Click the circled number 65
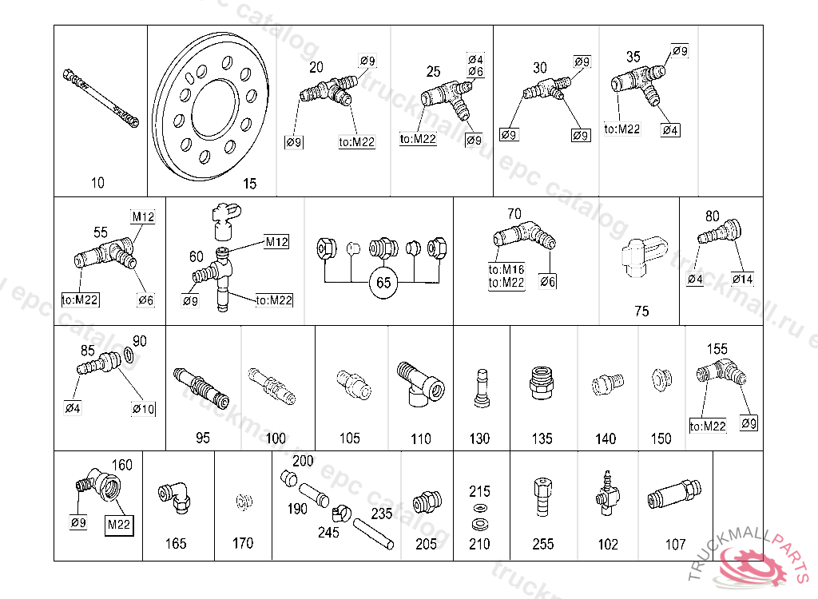[x=383, y=283]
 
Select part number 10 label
[x=97, y=183]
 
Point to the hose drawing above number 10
[x=100, y=98]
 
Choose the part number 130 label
[x=479, y=438]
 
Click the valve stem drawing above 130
[x=480, y=387]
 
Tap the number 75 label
[x=641, y=311]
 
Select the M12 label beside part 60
[x=276, y=241]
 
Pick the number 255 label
[x=542, y=544]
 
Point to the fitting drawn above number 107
[x=674, y=495]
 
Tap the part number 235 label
[x=382, y=514]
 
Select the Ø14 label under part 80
[x=743, y=279]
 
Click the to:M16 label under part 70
[x=506, y=269]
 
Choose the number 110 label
[x=420, y=438]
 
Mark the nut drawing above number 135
[x=542, y=384]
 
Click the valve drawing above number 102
[x=606, y=494]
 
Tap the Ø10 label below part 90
[x=143, y=408]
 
